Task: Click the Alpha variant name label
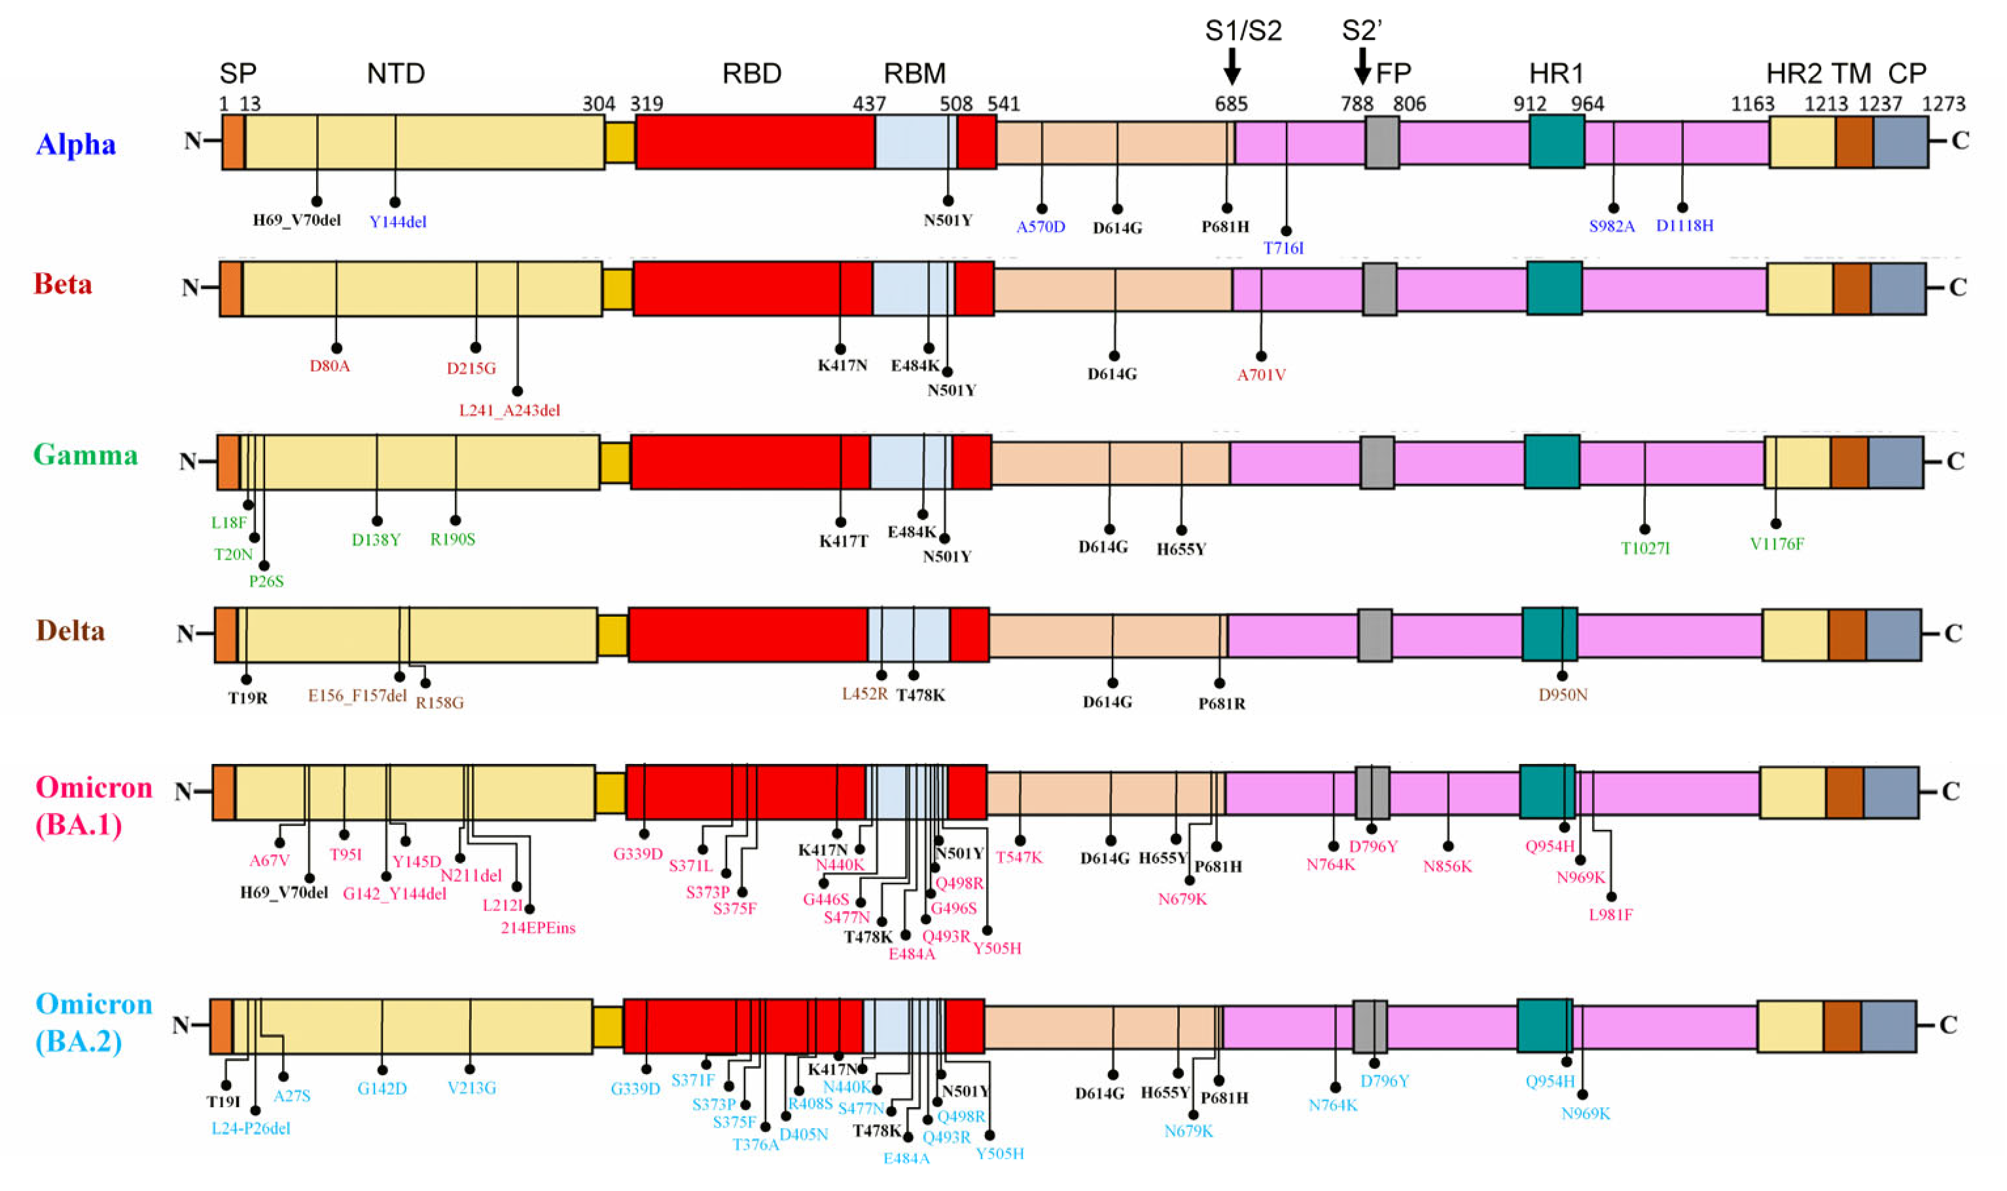[77, 145]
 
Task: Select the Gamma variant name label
[85, 455]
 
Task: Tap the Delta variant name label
[71, 630]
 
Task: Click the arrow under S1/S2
[1232, 66]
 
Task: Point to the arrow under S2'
[1362, 66]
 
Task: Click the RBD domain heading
[751, 74]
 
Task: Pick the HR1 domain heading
[1556, 74]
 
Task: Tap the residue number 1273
[1944, 103]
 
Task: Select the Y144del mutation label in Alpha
[397, 222]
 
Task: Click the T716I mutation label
[1284, 249]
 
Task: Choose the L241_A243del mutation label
[509, 411]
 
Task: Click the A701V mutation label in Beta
[1261, 375]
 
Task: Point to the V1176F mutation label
[1777, 544]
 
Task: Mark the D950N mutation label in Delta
[1562, 695]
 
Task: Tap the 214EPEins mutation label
[538, 929]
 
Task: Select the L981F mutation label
[1610, 915]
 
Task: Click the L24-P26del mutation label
[251, 1128]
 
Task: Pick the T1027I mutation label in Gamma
[1645, 549]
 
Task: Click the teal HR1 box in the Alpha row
[1556, 141]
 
